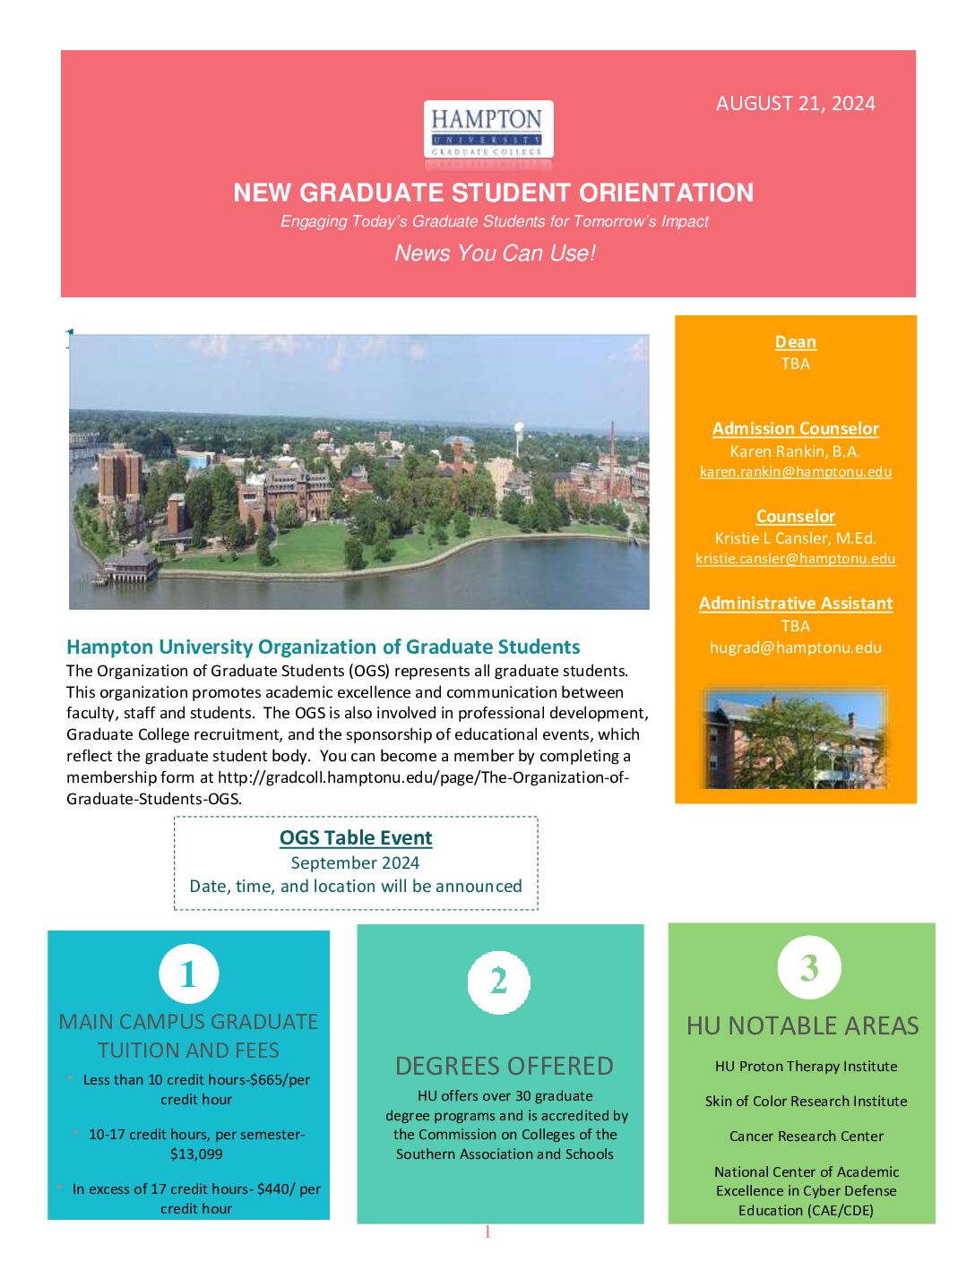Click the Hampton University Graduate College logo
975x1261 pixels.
(x=487, y=131)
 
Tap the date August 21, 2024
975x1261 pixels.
(x=795, y=104)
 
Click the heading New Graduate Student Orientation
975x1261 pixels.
(x=493, y=193)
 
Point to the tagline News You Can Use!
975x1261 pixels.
(x=495, y=253)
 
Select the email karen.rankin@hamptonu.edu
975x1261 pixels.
(x=795, y=472)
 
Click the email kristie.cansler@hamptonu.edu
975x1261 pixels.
(x=795, y=559)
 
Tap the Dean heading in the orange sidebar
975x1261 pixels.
(x=795, y=342)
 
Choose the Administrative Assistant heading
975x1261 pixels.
(x=795, y=604)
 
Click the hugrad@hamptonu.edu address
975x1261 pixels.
(x=795, y=648)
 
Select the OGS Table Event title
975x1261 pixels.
(x=356, y=838)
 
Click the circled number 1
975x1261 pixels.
(x=188, y=974)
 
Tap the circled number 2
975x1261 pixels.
(x=498, y=982)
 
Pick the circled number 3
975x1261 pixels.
(x=808, y=967)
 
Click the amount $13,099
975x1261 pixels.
(x=196, y=1154)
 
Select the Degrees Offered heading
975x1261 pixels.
(x=504, y=1066)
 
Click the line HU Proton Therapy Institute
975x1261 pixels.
(x=806, y=1067)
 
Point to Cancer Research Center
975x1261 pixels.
(x=806, y=1137)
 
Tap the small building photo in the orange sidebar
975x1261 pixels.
(x=795, y=739)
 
